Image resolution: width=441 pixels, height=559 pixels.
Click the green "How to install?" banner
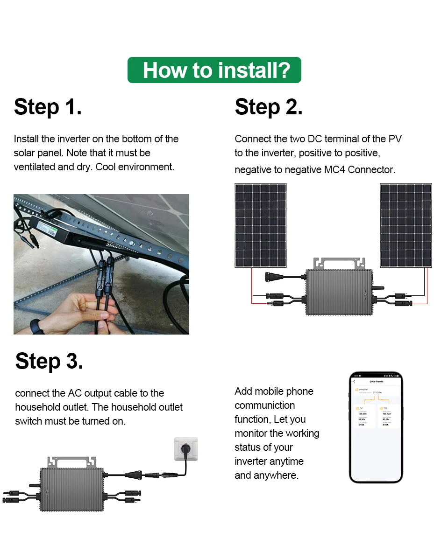coord(214,70)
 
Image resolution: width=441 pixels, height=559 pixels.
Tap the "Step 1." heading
coord(48,107)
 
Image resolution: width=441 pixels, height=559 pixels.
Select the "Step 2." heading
coord(269,107)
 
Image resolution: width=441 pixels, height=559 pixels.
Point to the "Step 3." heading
coord(49,361)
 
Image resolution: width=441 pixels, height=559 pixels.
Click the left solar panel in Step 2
coord(260,225)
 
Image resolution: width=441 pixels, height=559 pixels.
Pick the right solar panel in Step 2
coord(406,225)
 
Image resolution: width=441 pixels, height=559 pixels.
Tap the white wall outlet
coord(186,449)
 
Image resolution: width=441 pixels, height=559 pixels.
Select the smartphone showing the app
coord(376,427)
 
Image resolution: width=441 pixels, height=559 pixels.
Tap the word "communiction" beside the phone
coord(264,405)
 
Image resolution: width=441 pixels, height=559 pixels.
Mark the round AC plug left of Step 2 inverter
coord(271,276)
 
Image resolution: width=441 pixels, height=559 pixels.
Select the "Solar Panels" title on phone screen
coord(376,381)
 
